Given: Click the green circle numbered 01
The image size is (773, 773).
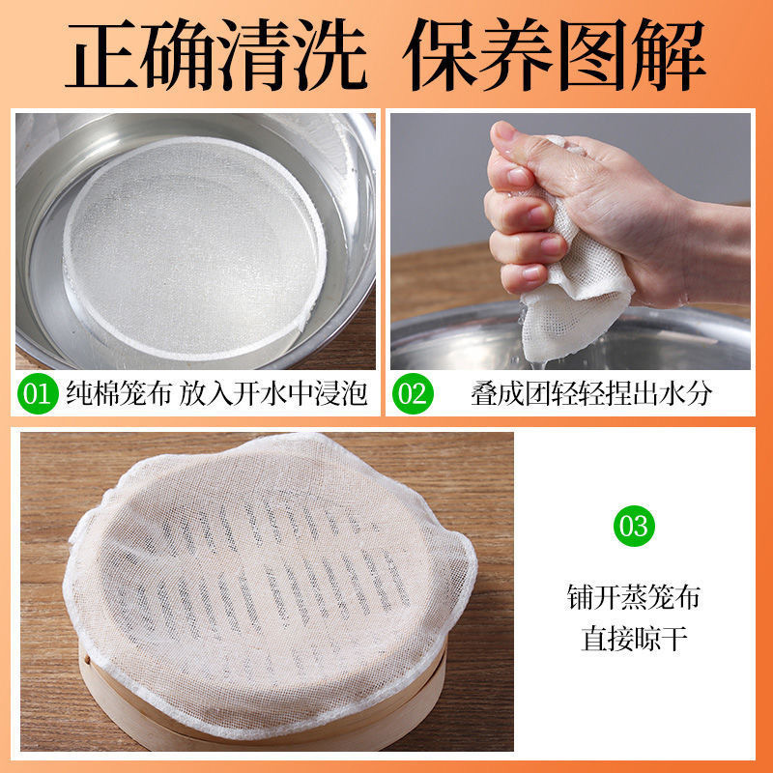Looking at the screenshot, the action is pyautogui.click(x=38, y=393).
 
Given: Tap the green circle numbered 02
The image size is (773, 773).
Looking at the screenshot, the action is pyautogui.click(x=413, y=393).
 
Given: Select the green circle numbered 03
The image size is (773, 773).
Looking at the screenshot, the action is pyautogui.click(x=634, y=526).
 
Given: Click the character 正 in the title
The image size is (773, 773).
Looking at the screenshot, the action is pyautogui.click(x=102, y=54).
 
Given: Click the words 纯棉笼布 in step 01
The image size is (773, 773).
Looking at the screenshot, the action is pyautogui.click(x=119, y=393).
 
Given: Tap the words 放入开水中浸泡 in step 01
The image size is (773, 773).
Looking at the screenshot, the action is pyautogui.click(x=273, y=393).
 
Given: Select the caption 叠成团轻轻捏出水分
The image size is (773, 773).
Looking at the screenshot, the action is pyautogui.click(x=591, y=393).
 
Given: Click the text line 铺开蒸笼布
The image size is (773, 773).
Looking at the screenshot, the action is pyautogui.click(x=634, y=597).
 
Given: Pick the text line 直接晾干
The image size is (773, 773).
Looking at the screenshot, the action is pyautogui.click(x=634, y=639).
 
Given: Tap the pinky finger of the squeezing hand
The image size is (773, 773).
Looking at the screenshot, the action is pyautogui.click(x=524, y=278).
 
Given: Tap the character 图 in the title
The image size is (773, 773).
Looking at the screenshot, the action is pyautogui.click(x=594, y=54).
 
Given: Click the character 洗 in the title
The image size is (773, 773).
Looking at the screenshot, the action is pyautogui.click(x=331, y=54).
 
